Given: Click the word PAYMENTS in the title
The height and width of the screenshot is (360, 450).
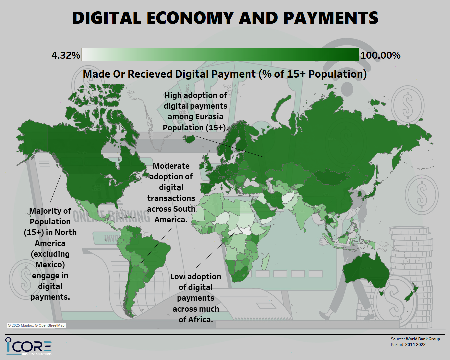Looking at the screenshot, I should pyautogui.click(x=331, y=18).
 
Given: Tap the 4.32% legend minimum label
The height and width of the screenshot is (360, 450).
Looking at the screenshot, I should pyautogui.click(x=66, y=55).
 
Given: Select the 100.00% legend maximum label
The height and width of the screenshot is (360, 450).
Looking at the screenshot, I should pyautogui.click(x=380, y=55).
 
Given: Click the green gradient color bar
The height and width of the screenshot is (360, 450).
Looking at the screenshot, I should pyautogui.click(x=220, y=55).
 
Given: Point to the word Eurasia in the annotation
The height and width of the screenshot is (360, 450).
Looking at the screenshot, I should pyautogui.click(x=209, y=117).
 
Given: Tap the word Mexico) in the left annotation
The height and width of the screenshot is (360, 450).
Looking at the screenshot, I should pyautogui.click(x=50, y=265).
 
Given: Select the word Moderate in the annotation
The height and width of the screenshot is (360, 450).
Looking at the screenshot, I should pyautogui.click(x=171, y=166).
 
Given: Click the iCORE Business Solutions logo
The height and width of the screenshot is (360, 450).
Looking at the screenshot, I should pyautogui.click(x=29, y=346).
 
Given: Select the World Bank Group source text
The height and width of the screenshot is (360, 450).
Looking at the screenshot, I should pyautogui.click(x=423, y=339).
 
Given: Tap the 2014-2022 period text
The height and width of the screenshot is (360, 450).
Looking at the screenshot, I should pyautogui.click(x=415, y=345).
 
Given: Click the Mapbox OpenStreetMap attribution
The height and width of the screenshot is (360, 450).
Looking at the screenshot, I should pyautogui.click(x=36, y=325).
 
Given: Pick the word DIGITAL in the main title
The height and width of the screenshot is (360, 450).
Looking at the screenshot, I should pyautogui.click(x=107, y=18).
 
